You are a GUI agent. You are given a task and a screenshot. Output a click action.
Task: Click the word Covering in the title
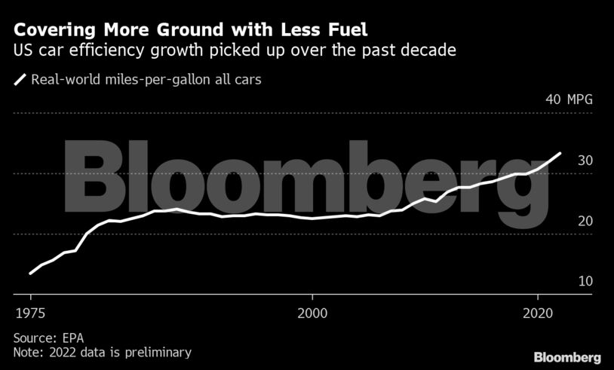53,31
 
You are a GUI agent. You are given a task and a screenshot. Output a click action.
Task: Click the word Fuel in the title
349,31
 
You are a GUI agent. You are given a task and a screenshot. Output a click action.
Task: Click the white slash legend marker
20,79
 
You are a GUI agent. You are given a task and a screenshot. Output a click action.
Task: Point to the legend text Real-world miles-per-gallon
106,79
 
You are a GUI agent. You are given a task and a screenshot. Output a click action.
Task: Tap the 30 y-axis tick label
585,161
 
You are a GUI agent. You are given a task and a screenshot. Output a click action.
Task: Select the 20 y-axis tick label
585,221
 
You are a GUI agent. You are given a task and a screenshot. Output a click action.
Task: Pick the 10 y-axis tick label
585,281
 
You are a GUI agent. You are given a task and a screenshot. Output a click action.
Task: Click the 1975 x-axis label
30,310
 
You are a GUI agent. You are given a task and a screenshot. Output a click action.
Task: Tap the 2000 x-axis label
312,310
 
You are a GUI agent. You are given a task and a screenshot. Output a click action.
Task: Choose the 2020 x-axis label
537,310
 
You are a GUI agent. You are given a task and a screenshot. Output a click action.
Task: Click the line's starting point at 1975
30,274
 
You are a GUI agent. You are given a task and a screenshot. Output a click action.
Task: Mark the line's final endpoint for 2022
560,154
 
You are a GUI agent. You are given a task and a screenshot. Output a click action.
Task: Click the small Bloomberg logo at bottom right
566,356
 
